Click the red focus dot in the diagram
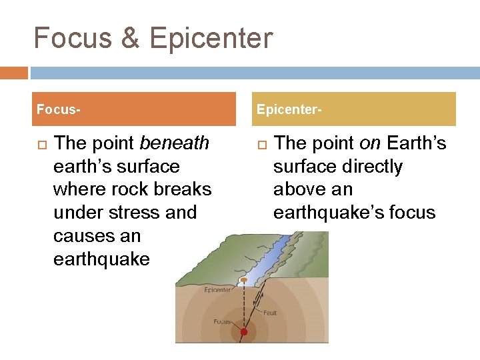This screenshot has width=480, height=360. coord(244,331)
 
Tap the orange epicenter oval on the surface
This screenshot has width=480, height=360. coord(245,279)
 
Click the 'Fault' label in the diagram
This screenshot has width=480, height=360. coord(269,311)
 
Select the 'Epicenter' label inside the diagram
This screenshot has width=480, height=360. coord(218,290)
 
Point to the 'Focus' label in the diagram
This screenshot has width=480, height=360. coord(222,321)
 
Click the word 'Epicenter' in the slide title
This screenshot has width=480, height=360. coord(211,38)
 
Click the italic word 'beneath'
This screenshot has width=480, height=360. coord(175,143)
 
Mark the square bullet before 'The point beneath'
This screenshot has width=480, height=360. coord(40,143)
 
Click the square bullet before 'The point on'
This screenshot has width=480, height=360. coord(261,143)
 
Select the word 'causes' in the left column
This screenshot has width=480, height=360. coord(81,236)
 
